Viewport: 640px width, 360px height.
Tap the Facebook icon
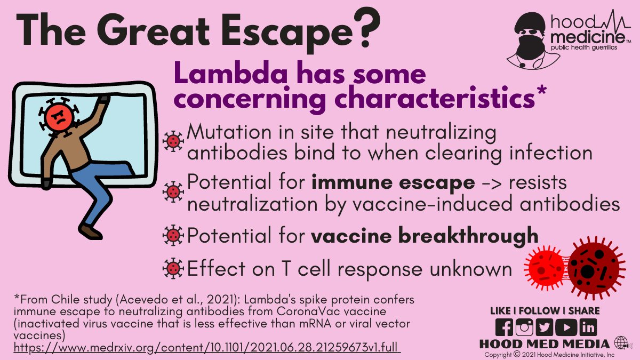tap(504, 327)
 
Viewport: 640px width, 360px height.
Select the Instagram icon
tap(524, 327)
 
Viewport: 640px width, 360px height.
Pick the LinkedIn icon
tap(588, 327)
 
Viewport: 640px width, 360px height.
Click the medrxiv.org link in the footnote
tap(206, 348)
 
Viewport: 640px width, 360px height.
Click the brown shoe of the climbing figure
tap(91, 231)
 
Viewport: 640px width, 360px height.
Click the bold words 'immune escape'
tap(393, 182)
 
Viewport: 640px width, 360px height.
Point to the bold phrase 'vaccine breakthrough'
tap(425, 235)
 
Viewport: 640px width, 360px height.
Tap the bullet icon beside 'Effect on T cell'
tap(172, 269)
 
